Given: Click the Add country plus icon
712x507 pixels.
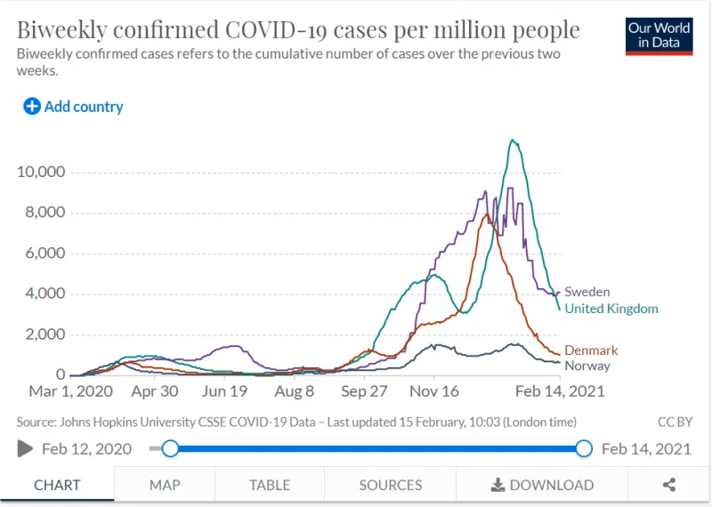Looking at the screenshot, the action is [x=32, y=107].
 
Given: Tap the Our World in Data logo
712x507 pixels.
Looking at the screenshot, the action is [x=659, y=36].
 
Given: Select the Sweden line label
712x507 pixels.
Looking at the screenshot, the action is [x=587, y=292].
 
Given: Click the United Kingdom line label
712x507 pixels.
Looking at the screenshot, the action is [x=611, y=309].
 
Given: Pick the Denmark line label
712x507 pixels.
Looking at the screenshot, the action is [x=591, y=350].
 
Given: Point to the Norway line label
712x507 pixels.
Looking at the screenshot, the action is [x=587, y=366].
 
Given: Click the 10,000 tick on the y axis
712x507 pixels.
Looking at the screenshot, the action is [x=41, y=172].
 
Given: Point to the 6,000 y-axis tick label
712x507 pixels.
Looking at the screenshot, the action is [x=45, y=253].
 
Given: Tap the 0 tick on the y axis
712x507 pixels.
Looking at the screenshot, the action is [x=61, y=374].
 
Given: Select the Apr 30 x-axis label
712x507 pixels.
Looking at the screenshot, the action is [x=154, y=391].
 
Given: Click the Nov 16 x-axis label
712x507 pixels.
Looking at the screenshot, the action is [x=434, y=391].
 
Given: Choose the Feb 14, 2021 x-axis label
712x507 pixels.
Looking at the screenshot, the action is [x=560, y=391].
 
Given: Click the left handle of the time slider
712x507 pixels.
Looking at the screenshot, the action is [x=170, y=448].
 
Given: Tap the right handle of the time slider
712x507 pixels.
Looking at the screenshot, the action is [x=584, y=448].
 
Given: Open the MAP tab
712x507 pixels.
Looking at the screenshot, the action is [x=165, y=485].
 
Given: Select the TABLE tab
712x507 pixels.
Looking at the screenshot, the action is [x=270, y=485].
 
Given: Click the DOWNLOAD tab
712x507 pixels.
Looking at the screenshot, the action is [x=542, y=485].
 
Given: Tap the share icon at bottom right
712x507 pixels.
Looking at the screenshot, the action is [x=669, y=485].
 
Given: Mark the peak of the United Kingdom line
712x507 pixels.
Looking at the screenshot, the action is [x=513, y=140].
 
